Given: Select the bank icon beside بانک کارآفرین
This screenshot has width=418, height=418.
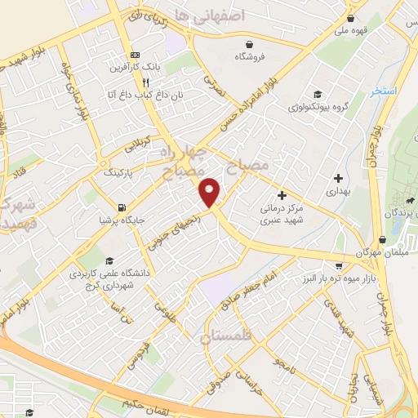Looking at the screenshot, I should [135, 56].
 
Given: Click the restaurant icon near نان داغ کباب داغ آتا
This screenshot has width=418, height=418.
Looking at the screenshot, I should [145, 82].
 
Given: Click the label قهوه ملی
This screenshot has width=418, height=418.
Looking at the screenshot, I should [351, 31].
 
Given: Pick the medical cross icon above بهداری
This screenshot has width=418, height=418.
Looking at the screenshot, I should [338, 177].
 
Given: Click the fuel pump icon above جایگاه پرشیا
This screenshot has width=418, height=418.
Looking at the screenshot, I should [122, 207].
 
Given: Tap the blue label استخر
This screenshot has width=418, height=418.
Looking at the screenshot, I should [383, 91].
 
